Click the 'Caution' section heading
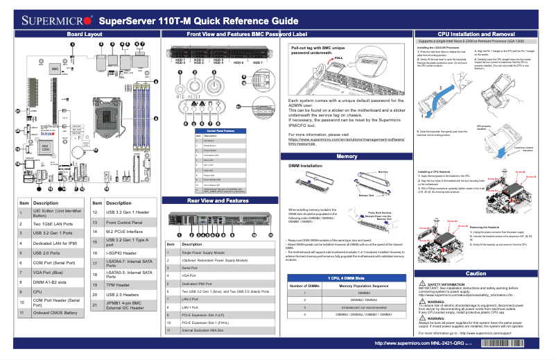coord(476,273)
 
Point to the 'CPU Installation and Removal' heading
coord(476,33)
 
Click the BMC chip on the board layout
coord(55,70)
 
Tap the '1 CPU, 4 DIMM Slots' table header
coord(346,277)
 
